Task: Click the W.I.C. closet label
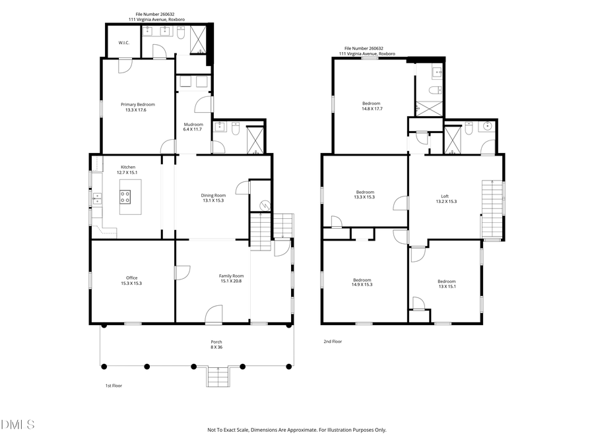124,43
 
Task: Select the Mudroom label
193,125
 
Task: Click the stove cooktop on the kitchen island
125,196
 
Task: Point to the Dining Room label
213,194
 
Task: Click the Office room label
131,278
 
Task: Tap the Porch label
216,341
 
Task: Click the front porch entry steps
217,378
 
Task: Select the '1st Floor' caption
114,385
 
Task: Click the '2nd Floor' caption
333,341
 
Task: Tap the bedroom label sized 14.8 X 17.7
372,104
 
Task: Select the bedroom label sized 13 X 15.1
446,282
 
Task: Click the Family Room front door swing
214,314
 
